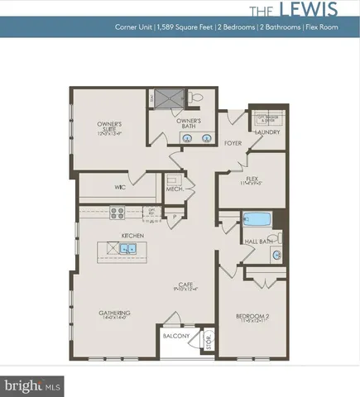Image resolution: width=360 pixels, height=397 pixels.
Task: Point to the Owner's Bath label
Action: pyautogui.click(x=190, y=124)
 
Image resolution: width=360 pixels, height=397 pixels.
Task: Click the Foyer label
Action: pyautogui.click(x=234, y=142)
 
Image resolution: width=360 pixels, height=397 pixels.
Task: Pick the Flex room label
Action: pyautogui.click(x=249, y=179)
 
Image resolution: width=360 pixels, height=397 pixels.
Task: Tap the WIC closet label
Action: pyautogui.click(x=120, y=187)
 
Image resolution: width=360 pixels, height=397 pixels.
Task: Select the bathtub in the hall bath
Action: pyautogui.click(x=257, y=220)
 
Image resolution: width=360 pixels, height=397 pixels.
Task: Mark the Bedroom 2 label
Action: pyautogui.click(x=250, y=317)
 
